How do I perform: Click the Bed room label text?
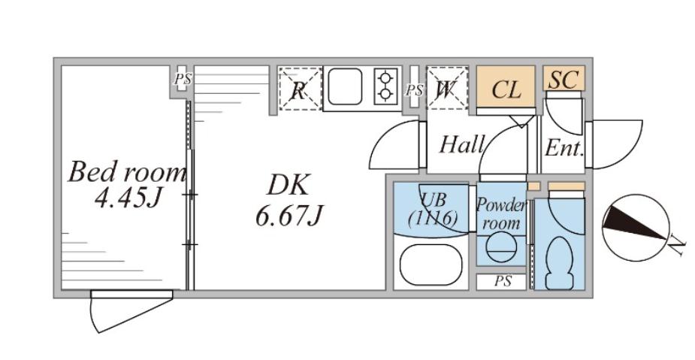pyautogui.click(x=127, y=172)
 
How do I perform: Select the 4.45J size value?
pyautogui.click(x=127, y=198)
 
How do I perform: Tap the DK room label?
pyautogui.click(x=288, y=186)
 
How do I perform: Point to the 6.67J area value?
pyautogui.click(x=289, y=216)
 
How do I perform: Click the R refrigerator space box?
pyautogui.click(x=300, y=89)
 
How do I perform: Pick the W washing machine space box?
pyautogui.click(x=447, y=88)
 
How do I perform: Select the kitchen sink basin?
pyautogui.click(x=345, y=86)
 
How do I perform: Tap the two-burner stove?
pyautogui.click(x=385, y=86)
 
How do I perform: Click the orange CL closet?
pyautogui.click(x=506, y=86)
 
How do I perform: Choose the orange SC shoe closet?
pyautogui.click(x=564, y=78)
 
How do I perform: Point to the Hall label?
pyautogui.click(x=461, y=144)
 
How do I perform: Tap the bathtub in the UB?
pyautogui.click(x=431, y=265)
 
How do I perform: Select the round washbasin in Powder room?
pyautogui.click(x=501, y=247)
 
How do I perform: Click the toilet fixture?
pyautogui.click(x=559, y=263)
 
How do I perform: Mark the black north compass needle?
pyautogui.click(x=634, y=224)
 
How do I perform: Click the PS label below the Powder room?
pyautogui.click(x=503, y=281)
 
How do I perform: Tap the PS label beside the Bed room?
pyautogui.click(x=182, y=80)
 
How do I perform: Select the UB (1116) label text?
pyautogui.click(x=432, y=209)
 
